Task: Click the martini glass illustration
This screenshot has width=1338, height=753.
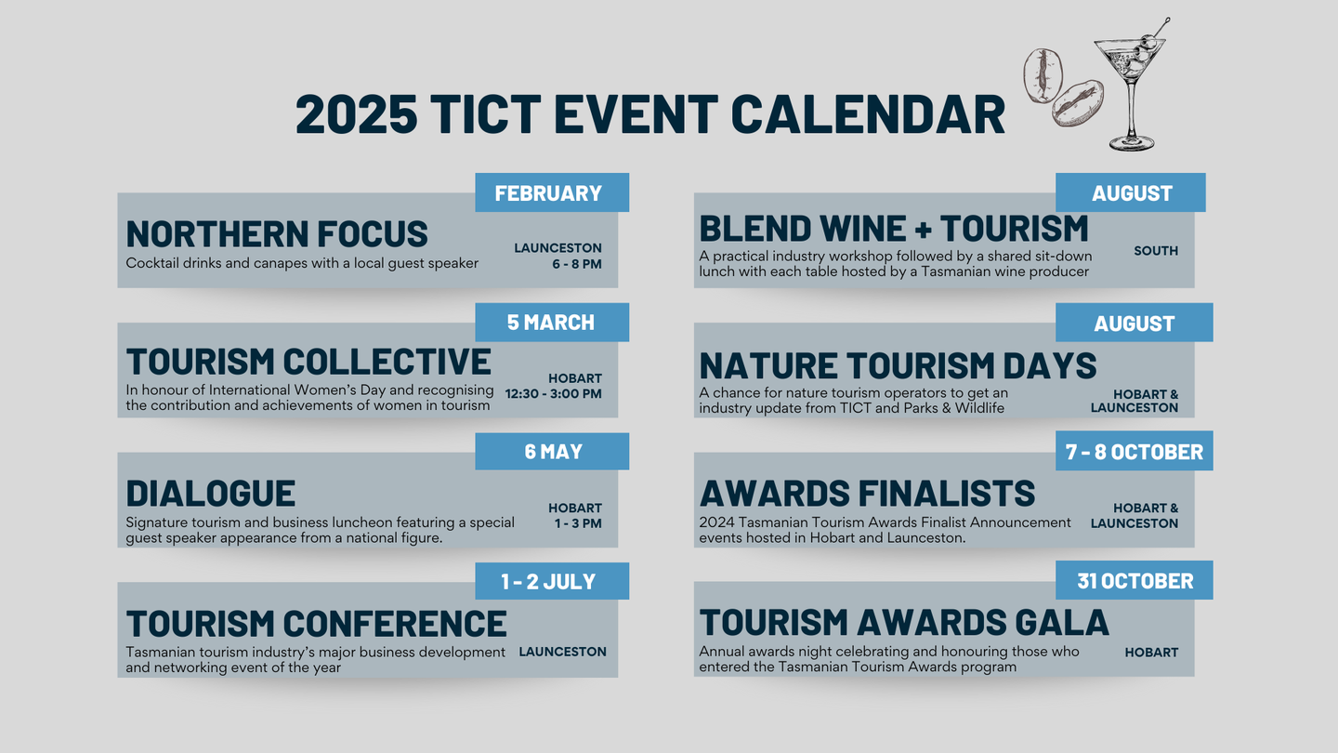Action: pos(1131,89)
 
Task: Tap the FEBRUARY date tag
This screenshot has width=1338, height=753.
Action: pos(552,192)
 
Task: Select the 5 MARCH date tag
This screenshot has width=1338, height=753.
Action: pos(552,322)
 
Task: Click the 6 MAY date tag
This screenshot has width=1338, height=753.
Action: pos(552,451)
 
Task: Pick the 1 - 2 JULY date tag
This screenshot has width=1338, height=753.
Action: pos(552,581)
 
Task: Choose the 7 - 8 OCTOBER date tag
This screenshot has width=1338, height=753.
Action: pos(1134,451)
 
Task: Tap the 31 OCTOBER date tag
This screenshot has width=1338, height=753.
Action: pos(1134,580)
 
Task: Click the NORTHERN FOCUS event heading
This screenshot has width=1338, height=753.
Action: pos(277,233)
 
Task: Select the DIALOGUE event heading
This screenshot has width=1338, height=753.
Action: pos(210,494)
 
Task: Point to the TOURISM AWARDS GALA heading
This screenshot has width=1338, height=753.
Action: pos(904,623)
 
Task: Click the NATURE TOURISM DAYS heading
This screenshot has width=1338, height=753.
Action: pos(898,365)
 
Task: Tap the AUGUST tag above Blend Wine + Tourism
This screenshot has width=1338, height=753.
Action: pos(1130,192)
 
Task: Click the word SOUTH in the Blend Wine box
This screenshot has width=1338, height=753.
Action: pos(1156,251)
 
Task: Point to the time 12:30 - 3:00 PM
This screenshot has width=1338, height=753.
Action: pos(553,394)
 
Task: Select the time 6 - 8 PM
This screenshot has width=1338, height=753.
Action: pos(576,264)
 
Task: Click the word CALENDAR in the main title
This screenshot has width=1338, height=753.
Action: pos(868,114)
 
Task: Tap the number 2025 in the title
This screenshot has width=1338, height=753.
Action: pos(356,114)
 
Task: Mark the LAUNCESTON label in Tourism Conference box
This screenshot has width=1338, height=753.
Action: pos(562,652)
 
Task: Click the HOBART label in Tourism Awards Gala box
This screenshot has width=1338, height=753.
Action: pos(1151,653)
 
